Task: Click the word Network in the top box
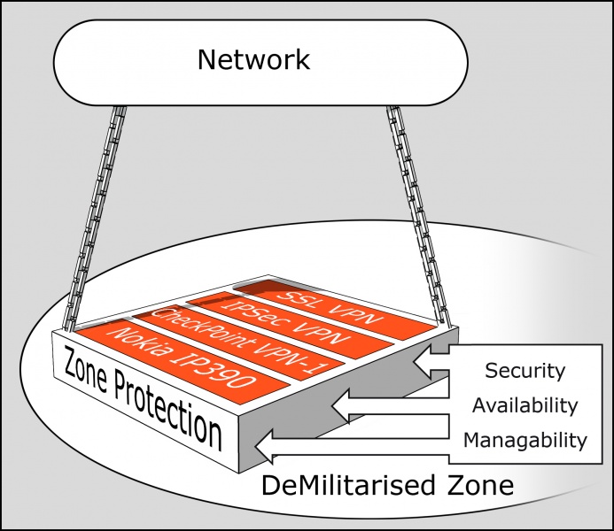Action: click(x=253, y=59)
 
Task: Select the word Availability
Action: click(x=525, y=405)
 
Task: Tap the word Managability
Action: click(x=525, y=440)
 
